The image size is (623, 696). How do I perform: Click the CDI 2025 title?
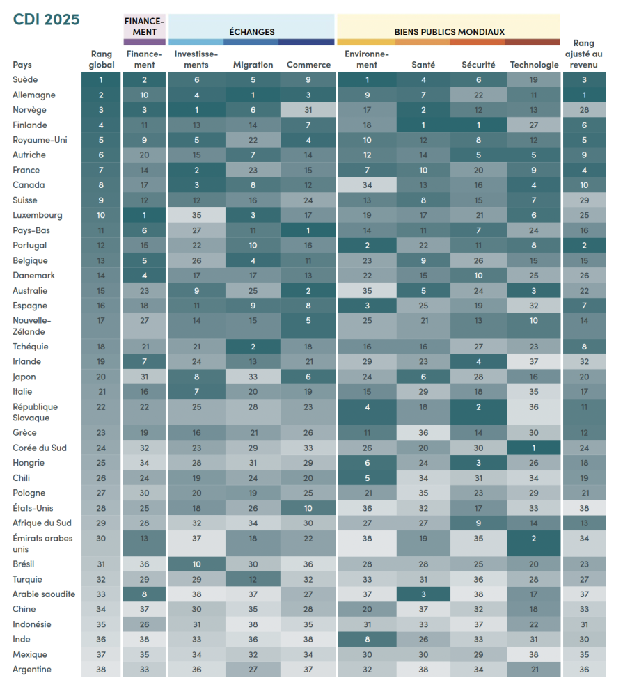[x=47, y=19]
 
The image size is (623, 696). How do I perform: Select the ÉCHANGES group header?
[x=252, y=31]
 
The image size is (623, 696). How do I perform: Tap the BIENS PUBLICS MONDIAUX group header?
[x=449, y=31]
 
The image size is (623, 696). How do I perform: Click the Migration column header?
[x=253, y=65]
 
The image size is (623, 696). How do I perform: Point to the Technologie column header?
[x=534, y=65]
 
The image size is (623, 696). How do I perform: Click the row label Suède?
[x=25, y=80]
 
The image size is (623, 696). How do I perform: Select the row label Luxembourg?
[x=37, y=216]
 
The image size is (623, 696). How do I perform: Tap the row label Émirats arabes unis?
[x=42, y=543]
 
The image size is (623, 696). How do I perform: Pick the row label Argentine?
[x=32, y=670]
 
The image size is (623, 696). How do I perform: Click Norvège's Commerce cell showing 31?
[x=308, y=110]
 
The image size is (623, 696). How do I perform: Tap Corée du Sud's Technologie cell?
[x=534, y=448]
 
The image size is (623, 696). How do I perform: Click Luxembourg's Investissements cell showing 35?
[x=196, y=216]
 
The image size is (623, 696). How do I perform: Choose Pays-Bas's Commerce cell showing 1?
[x=308, y=230]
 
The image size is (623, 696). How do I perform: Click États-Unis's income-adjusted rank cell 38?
[x=583, y=509]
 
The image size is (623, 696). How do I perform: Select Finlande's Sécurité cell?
[x=478, y=125]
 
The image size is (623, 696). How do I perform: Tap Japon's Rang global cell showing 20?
[x=101, y=377]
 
